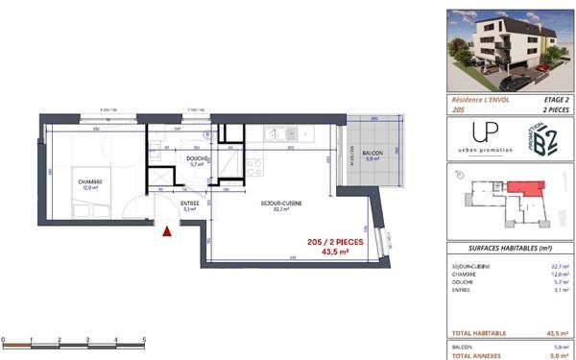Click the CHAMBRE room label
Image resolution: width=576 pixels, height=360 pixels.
pos(90,180)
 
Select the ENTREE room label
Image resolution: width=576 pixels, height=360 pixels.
pos(189,204)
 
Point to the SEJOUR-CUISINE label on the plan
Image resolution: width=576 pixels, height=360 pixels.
pos(280,204)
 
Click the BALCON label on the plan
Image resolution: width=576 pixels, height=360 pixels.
pos(372,154)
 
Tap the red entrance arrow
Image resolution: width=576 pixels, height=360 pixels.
pos(169,230)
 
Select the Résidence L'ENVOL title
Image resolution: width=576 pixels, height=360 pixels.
pos(481,100)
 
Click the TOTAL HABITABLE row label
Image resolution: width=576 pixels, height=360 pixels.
pos(476,332)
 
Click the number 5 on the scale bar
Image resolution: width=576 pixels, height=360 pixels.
pos(143,340)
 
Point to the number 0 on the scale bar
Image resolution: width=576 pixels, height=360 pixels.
pos(4,340)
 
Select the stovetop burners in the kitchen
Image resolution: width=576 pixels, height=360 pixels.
pos(255,166)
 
